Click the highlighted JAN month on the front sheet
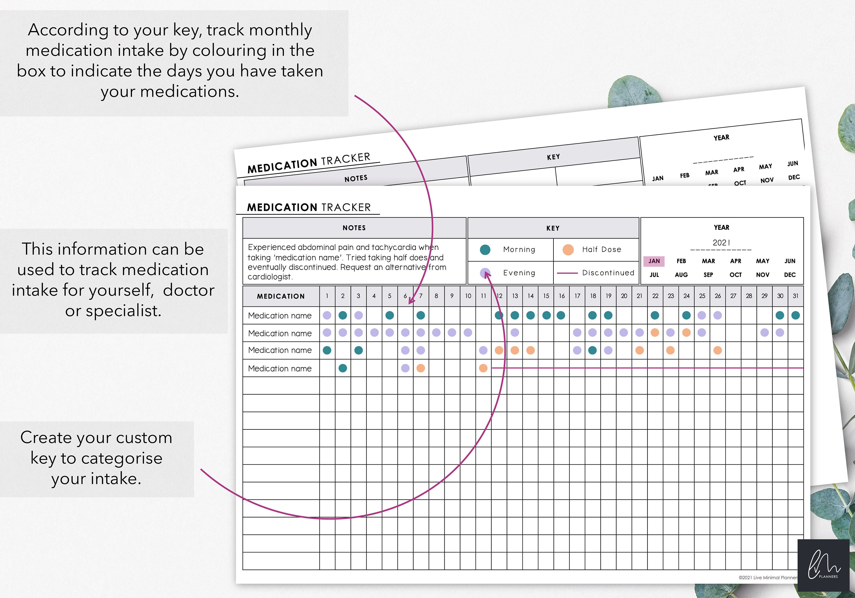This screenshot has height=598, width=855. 654,261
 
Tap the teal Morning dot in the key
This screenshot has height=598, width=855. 485,250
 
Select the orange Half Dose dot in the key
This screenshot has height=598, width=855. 568,250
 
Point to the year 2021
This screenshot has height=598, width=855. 721,243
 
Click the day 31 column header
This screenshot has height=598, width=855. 795,296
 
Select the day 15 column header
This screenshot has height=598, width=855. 546,296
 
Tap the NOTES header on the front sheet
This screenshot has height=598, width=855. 354,228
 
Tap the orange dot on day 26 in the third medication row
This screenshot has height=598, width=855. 718,350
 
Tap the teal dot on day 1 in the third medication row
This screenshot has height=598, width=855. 327,350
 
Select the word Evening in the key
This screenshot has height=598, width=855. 519,273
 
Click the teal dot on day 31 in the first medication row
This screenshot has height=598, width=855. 795,316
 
